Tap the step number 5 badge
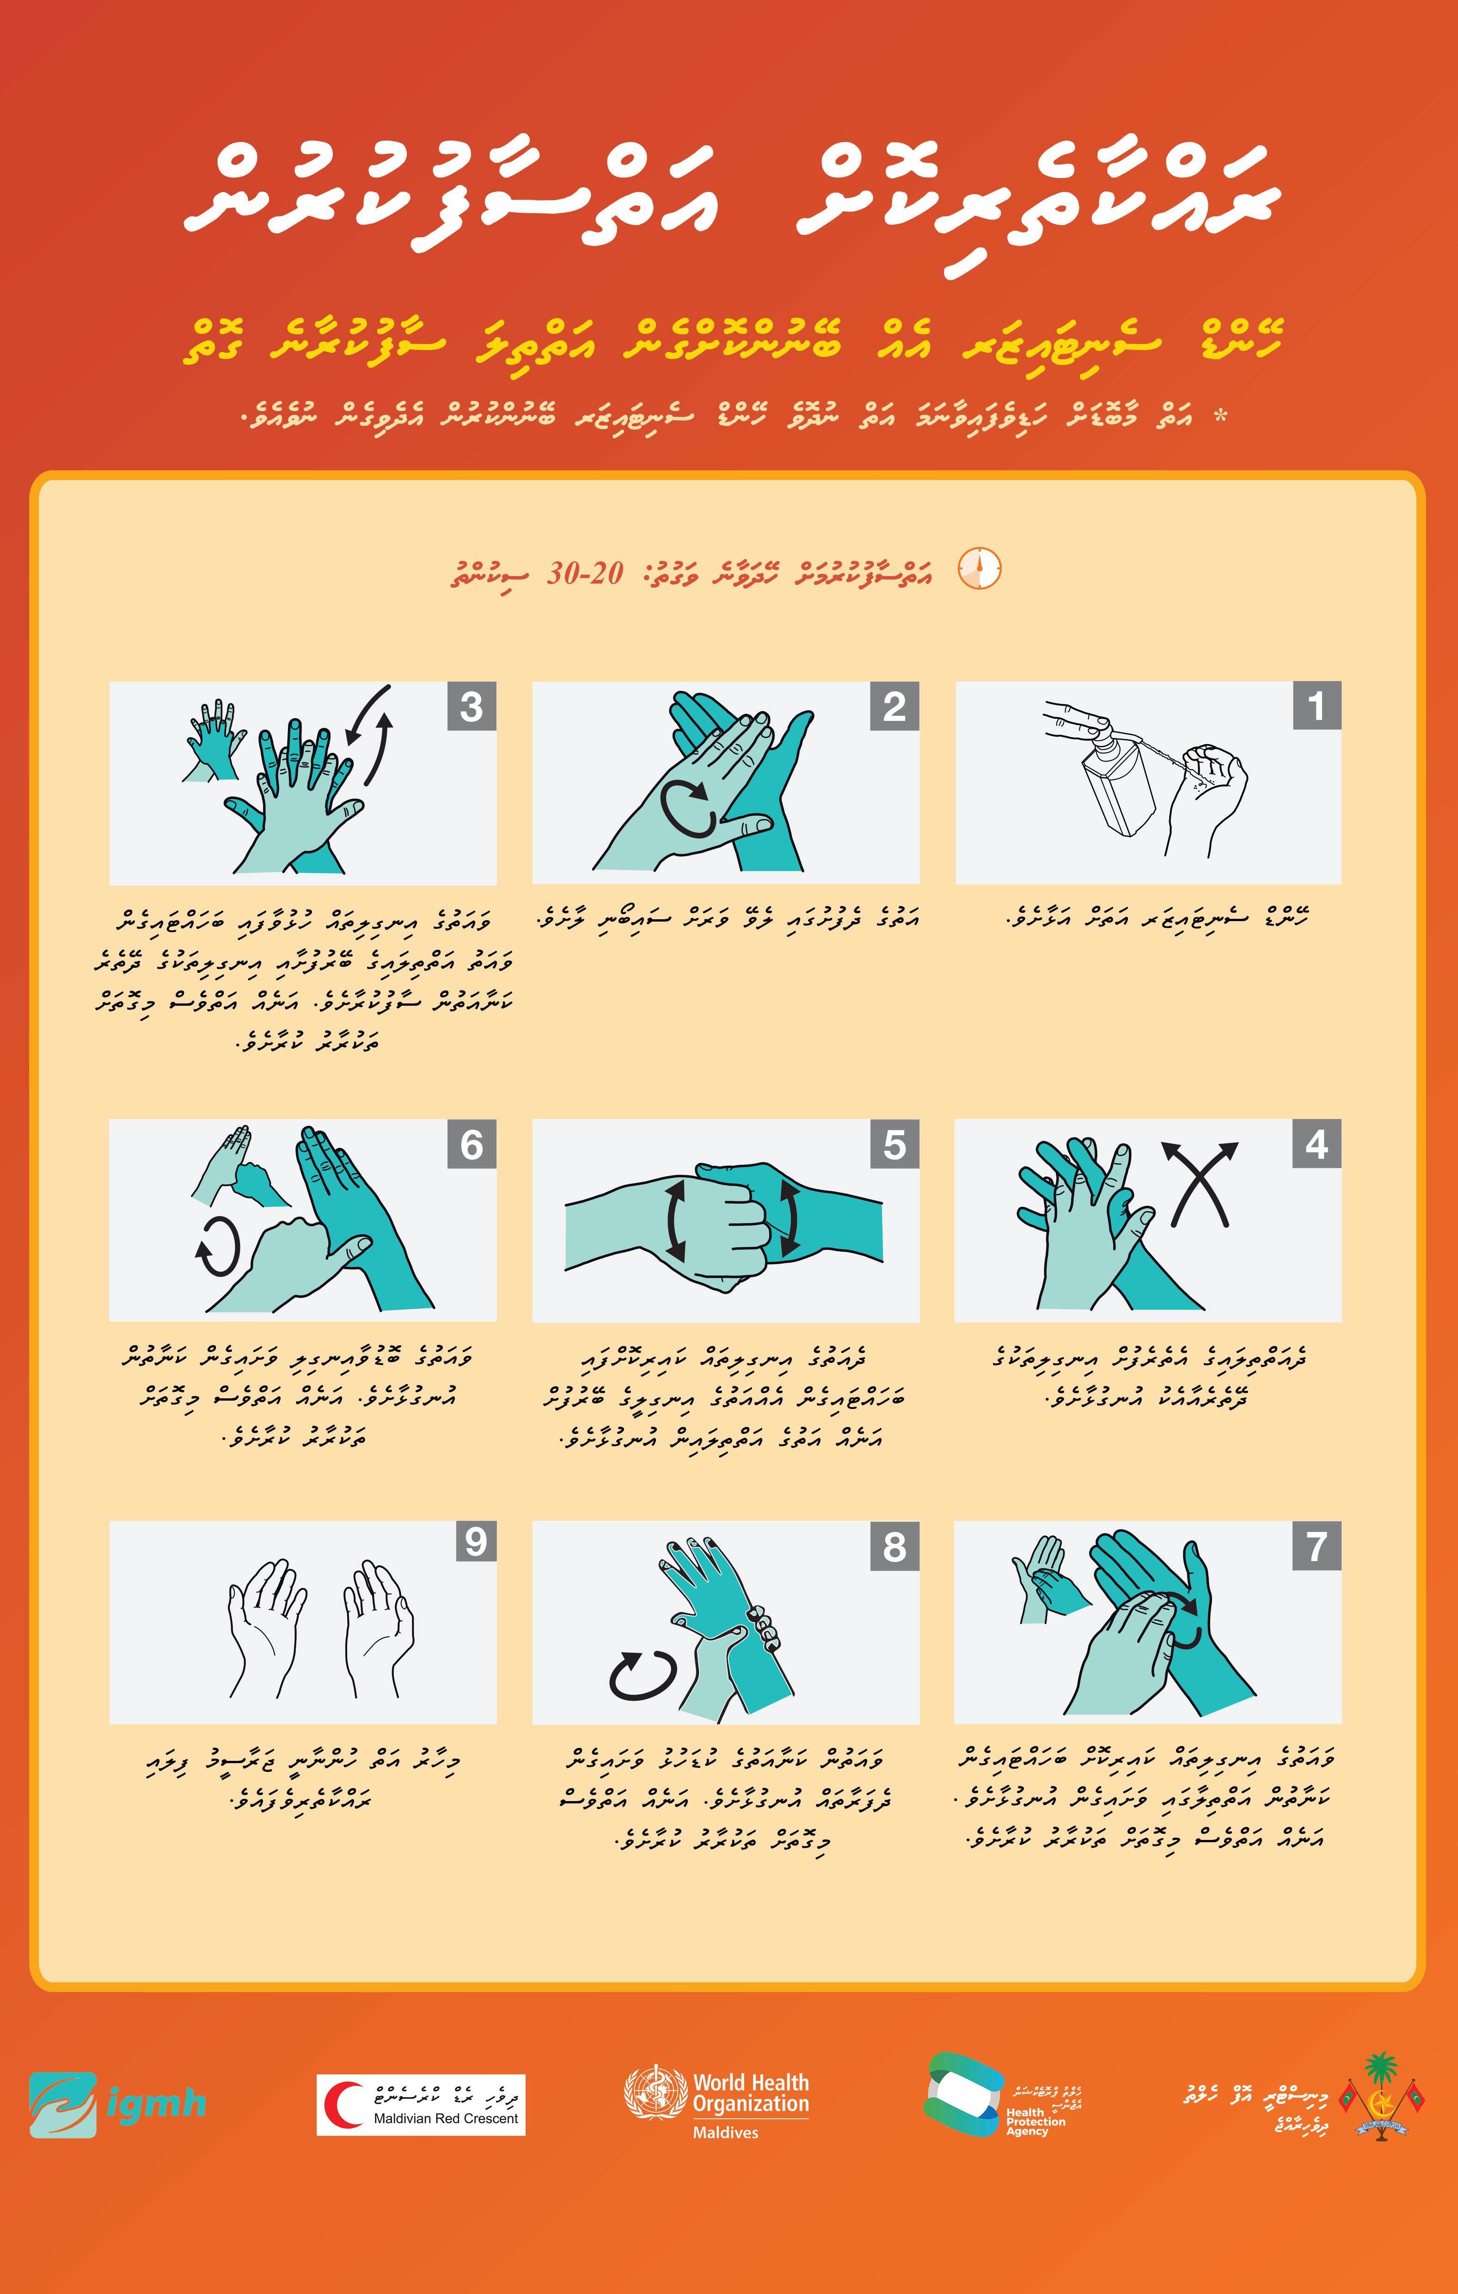[894, 1144]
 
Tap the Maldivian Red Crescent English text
[446, 2119]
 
